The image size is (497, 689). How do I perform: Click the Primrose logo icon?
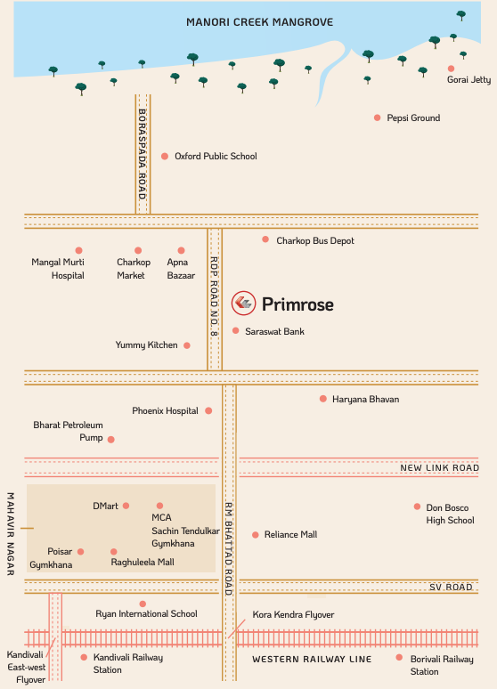tap(243, 304)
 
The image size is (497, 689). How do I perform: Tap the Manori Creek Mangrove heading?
tap(259, 21)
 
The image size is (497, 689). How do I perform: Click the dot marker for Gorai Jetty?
tap(451, 68)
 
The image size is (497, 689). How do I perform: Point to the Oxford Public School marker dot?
tap(165, 156)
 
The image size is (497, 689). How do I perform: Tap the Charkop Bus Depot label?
tap(314, 240)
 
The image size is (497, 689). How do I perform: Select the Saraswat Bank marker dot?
tap(236, 330)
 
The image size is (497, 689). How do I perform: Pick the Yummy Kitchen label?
tap(146, 344)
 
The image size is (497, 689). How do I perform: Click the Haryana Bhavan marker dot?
tap(323, 399)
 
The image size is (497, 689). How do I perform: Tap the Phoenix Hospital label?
tap(165, 410)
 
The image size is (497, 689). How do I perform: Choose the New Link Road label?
tap(439, 467)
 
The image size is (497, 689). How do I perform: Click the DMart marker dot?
tap(126, 506)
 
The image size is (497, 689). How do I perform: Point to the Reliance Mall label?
tap(290, 535)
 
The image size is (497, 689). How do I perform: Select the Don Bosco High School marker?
tap(417, 507)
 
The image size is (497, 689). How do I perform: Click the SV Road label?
tap(451, 588)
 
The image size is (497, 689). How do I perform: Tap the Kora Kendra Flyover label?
tap(293, 615)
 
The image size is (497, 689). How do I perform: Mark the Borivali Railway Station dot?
tap(399, 658)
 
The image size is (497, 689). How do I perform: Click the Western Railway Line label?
tap(312, 659)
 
